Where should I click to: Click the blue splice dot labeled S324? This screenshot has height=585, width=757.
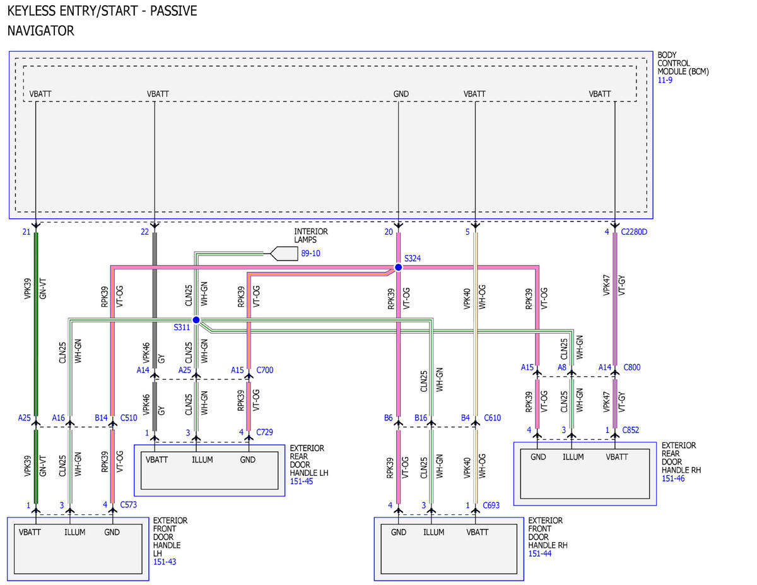coord(398,267)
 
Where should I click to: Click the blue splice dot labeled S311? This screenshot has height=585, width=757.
coord(196,320)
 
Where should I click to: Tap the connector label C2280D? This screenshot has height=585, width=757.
coord(634,232)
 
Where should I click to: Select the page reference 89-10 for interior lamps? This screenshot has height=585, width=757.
coord(310,253)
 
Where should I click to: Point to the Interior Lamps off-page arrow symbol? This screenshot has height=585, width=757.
coord(284,253)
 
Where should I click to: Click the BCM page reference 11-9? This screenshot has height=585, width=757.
coord(665,80)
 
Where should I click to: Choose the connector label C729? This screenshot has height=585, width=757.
coord(264,432)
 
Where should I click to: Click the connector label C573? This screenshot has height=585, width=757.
coord(128,504)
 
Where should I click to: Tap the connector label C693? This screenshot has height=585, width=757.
coord(491,505)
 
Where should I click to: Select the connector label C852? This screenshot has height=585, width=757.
coord(631,430)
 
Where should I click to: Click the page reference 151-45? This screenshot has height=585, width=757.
coord(302,481)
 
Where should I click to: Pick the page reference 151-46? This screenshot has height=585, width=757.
coord(673,478)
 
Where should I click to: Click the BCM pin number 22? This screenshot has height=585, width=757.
coord(144,232)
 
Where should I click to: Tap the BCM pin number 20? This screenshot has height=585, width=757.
coord(389,232)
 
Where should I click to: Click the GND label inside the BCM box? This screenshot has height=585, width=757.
coord(401,94)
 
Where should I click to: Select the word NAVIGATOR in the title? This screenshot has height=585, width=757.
coord(41,31)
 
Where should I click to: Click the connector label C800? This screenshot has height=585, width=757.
coord(631,367)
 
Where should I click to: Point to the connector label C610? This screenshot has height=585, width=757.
coord(492,418)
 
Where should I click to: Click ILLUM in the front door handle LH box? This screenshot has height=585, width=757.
coord(74,532)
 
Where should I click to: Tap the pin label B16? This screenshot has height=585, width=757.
coord(421,418)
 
